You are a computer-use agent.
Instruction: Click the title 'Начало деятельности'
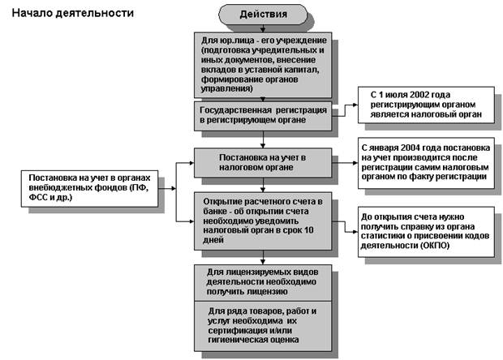click(73, 13)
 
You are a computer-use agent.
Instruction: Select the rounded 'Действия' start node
click(263, 15)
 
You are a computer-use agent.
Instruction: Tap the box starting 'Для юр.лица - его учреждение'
click(263, 65)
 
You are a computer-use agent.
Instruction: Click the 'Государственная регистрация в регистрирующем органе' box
click(263, 116)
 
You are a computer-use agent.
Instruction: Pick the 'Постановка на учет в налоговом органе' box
click(263, 162)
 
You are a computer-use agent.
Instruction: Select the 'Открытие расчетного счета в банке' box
click(263, 221)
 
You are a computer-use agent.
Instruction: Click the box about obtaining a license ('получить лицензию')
click(263, 282)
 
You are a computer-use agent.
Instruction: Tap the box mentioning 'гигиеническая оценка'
click(263, 326)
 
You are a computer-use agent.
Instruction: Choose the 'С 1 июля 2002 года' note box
click(426, 105)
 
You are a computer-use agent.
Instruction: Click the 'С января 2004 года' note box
click(426, 163)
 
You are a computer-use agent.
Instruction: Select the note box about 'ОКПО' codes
click(426, 232)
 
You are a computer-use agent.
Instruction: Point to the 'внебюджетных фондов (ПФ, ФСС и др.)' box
click(89, 188)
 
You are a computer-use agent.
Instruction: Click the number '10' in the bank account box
click(308, 230)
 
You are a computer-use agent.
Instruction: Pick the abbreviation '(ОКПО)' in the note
click(435, 246)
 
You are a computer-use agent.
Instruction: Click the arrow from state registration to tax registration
click(263, 139)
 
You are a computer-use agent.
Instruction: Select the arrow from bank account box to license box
click(263, 257)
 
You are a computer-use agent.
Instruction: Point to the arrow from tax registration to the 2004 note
click(345, 163)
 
